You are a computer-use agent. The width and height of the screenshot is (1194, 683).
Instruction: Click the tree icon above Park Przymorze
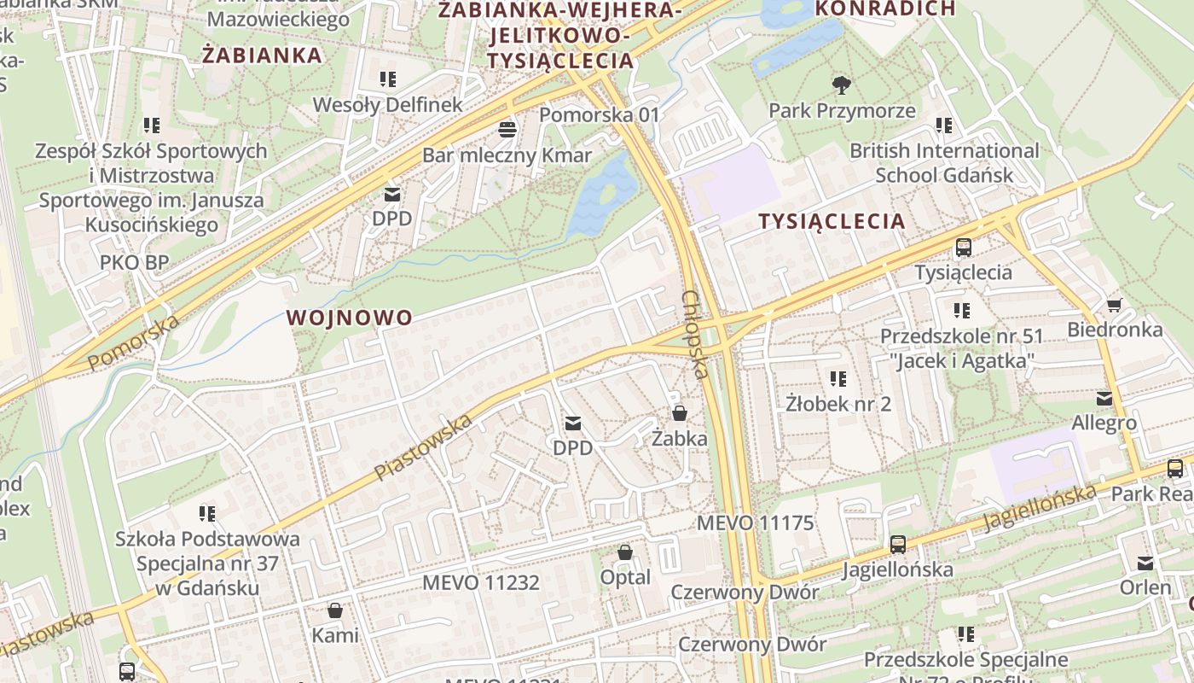click(842, 85)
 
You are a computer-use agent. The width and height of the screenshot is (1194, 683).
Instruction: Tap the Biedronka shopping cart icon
click(1114, 305)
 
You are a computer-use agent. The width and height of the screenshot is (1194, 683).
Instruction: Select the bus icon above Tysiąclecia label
click(963, 248)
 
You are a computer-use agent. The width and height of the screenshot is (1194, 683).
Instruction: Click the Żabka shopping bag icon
click(680, 413)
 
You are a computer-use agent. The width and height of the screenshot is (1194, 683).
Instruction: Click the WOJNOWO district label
click(350, 318)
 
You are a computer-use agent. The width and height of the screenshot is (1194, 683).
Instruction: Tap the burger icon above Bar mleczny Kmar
click(507, 130)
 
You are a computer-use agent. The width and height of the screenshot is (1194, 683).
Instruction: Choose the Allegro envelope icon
click(1104, 398)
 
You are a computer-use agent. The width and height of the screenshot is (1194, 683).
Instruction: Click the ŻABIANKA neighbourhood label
click(263, 55)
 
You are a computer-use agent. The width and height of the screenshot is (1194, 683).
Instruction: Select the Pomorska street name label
click(134, 341)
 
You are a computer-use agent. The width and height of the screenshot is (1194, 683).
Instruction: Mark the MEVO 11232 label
click(482, 583)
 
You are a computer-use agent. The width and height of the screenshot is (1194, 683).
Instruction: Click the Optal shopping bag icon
click(625, 552)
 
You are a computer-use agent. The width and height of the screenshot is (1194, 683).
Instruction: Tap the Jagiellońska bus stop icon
click(897, 544)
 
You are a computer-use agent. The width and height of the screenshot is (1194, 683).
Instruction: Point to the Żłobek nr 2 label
click(838, 404)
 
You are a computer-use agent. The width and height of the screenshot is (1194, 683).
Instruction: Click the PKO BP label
click(135, 262)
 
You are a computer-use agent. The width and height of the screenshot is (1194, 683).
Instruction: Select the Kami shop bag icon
click(335, 610)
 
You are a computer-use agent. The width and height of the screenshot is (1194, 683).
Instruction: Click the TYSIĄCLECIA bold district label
click(832, 221)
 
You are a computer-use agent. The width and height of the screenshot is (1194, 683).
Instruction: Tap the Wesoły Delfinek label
click(388, 105)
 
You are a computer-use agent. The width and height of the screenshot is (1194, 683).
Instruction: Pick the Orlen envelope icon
click(1145, 563)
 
